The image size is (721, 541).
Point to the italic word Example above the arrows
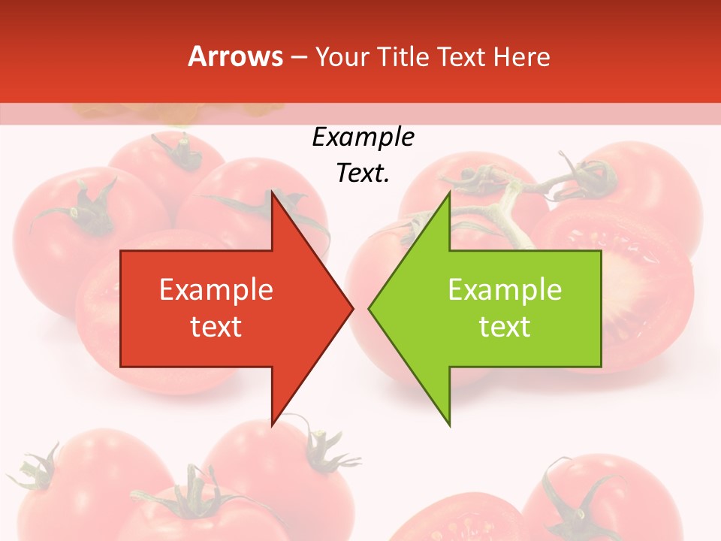click(363, 138)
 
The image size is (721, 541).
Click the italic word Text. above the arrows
click(363, 174)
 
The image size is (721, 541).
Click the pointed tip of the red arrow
click(351, 308)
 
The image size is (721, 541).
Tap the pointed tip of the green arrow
click(370, 308)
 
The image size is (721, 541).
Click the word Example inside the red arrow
click(216, 290)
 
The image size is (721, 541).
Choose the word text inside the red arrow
click(216, 327)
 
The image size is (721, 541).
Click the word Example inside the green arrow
click(505, 290)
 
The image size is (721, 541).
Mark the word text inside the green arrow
click(505, 327)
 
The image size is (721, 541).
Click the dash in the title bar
click(298, 57)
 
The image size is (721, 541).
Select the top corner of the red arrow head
click(273, 194)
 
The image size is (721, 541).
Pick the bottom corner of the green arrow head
click(449, 424)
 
